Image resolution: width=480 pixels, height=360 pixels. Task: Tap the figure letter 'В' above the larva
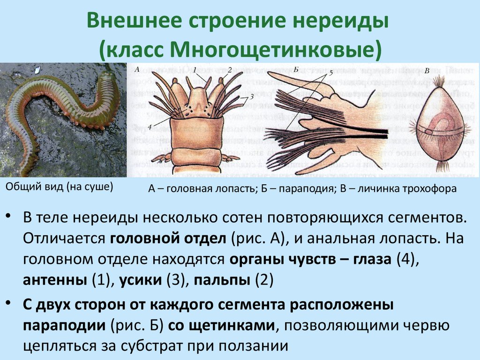(x=427, y=71)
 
